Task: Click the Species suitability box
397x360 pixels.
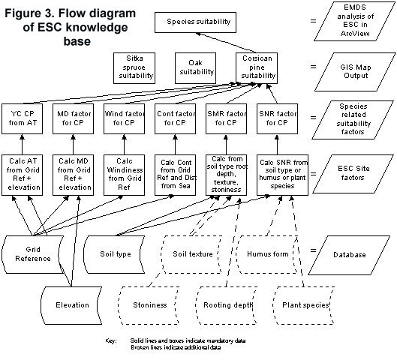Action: coord(195,22)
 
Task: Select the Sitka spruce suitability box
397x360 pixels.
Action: coord(134,68)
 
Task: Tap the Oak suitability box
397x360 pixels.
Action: coord(195,68)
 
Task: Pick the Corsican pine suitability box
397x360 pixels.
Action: coord(257,68)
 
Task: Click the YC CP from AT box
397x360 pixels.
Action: coord(23,118)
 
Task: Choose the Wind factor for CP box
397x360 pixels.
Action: coord(124,118)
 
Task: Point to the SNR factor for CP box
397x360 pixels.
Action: coord(277,118)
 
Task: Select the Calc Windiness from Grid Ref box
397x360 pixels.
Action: coord(124,175)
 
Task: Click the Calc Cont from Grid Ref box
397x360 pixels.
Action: coord(175,175)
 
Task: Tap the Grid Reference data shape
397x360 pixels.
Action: coord(32,254)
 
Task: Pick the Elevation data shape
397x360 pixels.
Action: coord(71,305)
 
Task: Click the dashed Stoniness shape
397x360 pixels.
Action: coord(149,305)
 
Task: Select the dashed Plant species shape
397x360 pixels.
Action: coord(304,305)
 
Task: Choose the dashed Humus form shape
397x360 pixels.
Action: coord(267,254)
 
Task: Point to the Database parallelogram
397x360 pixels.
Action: coord(350,255)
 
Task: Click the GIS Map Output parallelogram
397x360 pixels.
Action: coord(355,72)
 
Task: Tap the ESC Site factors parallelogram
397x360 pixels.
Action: coord(353,173)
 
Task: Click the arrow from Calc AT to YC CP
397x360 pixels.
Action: coord(23,145)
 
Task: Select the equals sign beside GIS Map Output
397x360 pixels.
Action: coord(314,67)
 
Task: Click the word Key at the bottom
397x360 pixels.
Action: coord(111,340)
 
